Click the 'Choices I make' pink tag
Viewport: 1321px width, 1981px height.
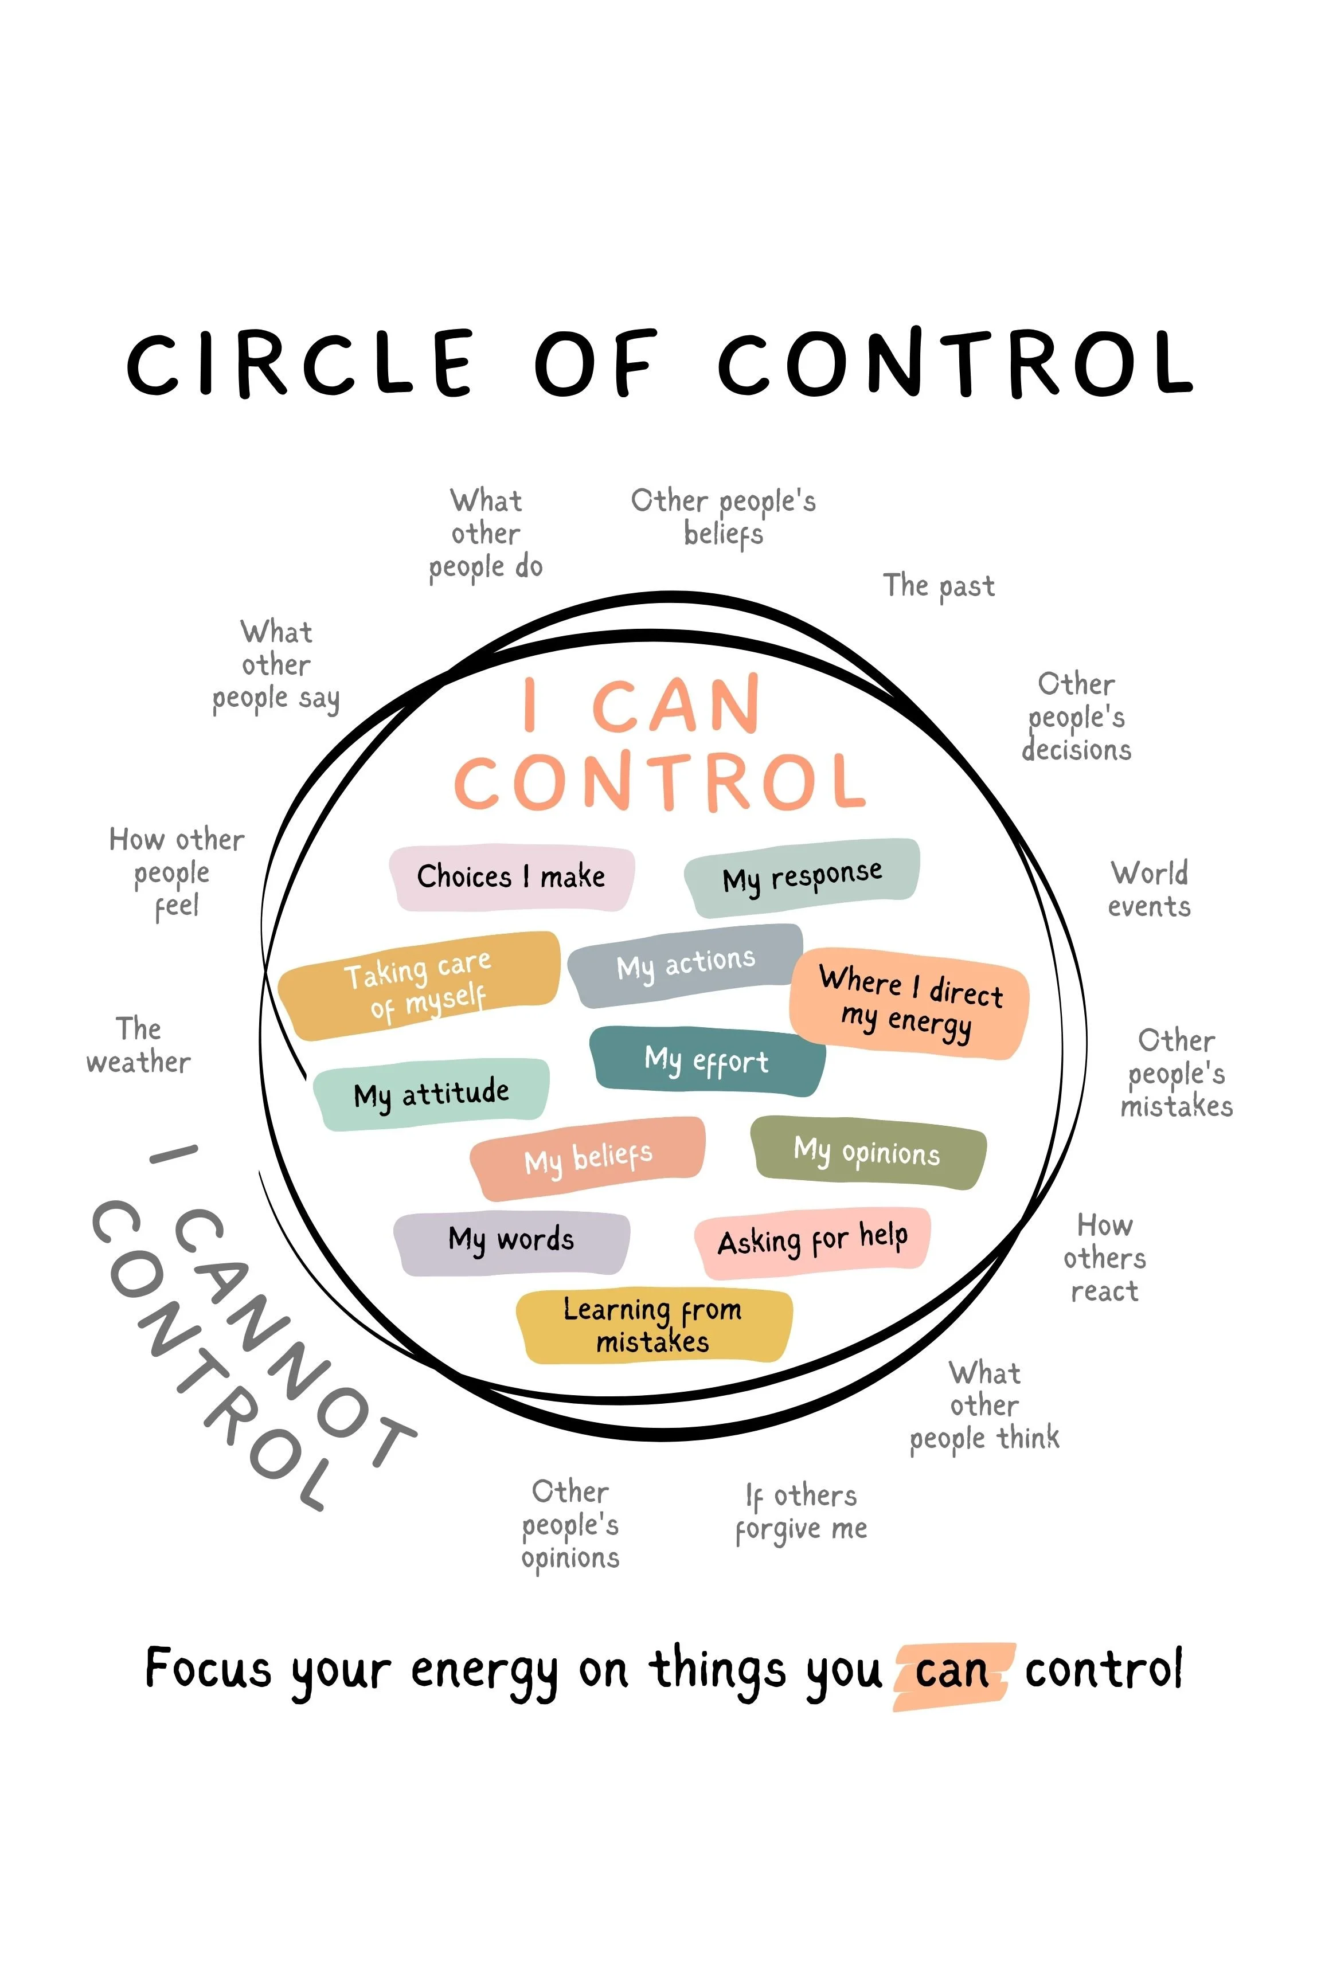(x=511, y=878)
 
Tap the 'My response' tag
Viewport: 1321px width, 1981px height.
(x=802, y=878)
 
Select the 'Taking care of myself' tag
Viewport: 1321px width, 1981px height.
(x=419, y=985)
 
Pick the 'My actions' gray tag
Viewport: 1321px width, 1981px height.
(x=686, y=965)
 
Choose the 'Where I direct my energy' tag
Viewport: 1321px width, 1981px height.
(x=910, y=1003)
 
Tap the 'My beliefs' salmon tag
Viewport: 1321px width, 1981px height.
(x=588, y=1158)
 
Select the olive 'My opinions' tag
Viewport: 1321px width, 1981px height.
(x=867, y=1152)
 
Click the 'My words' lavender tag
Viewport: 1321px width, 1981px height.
(x=511, y=1242)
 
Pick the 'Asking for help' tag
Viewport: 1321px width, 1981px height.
(x=812, y=1240)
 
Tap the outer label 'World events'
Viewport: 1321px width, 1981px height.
(x=1149, y=890)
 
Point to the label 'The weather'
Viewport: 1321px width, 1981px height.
(x=139, y=1046)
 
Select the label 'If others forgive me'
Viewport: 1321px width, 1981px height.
(x=800, y=1513)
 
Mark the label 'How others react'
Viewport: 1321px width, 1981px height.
(x=1104, y=1258)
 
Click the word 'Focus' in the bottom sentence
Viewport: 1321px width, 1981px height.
(x=208, y=1669)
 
